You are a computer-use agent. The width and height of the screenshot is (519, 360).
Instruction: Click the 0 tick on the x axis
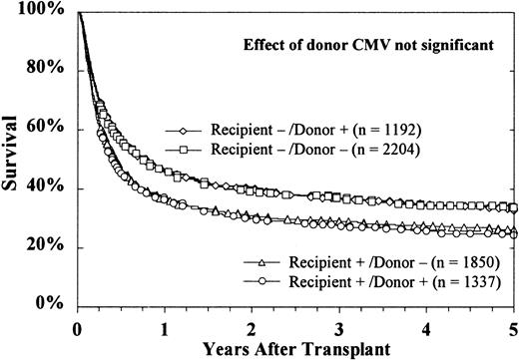tap(77, 326)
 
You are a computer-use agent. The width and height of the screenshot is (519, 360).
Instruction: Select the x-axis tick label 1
tap(165, 326)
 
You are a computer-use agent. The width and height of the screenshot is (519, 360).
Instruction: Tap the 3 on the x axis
tap(339, 326)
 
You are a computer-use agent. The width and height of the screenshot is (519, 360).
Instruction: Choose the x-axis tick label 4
tap(427, 326)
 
